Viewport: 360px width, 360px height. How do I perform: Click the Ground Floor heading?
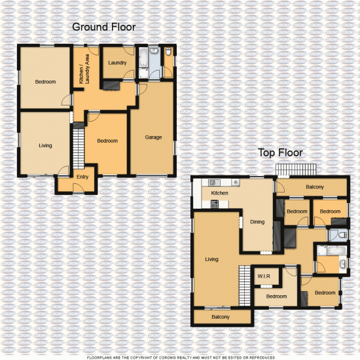[x=104, y=27]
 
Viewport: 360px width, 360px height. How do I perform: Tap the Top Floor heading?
[x=280, y=153]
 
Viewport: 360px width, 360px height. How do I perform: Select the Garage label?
[x=153, y=137]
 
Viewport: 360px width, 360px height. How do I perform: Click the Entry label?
[x=82, y=177]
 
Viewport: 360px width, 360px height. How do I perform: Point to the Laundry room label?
[x=118, y=63]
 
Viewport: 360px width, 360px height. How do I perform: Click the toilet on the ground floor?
[x=168, y=52]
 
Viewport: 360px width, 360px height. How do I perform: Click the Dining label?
[x=257, y=222]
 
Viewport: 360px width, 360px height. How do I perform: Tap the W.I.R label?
[x=264, y=277]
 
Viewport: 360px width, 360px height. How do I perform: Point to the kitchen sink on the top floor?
[x=213, y=183]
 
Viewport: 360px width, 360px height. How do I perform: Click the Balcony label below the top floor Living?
[x=221, y=317]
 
